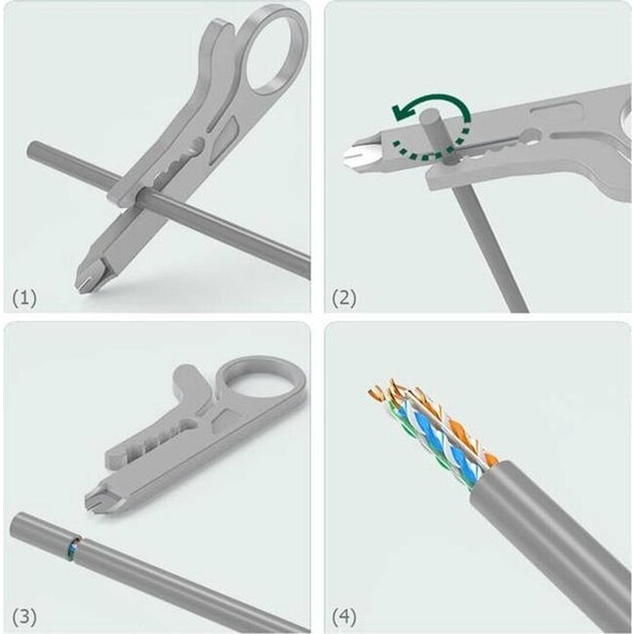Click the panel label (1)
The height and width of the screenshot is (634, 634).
tap(24, 298)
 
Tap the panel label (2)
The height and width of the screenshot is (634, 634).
tap(344, 298)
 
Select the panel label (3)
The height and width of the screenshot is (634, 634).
tap(24, 617)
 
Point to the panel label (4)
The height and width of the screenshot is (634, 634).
tap(344, 617)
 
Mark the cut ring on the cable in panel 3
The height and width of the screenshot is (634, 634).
tap(74, 549)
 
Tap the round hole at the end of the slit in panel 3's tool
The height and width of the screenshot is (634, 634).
tap(189, 425)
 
